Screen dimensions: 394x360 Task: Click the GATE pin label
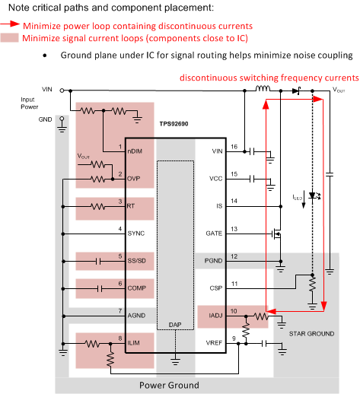[x=215, y=233]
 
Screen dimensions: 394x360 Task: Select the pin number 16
[x=234, y=147]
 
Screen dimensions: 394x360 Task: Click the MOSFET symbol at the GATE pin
[x=278, y=232]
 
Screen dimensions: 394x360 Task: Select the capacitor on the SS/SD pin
[x=99, y=260]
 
